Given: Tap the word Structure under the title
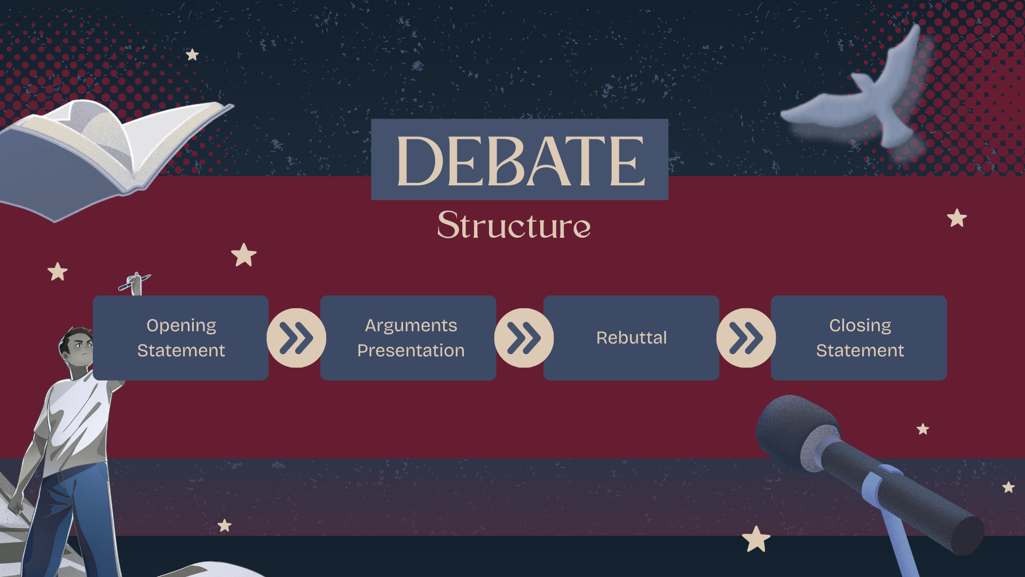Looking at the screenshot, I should click(514, 225).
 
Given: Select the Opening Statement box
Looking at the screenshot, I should click(180, 338).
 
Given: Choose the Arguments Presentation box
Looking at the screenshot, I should click(408, 338).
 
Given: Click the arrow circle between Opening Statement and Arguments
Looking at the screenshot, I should click(296, 338).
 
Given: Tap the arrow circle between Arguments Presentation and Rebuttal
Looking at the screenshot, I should click(524, 338).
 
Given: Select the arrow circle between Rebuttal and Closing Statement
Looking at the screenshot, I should click(746, 338).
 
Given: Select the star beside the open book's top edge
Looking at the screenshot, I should click(192, 54).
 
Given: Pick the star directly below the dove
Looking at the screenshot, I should click(957, 218).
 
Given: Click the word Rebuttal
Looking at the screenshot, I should click(631, 338).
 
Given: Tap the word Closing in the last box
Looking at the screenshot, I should click(860, 325).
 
